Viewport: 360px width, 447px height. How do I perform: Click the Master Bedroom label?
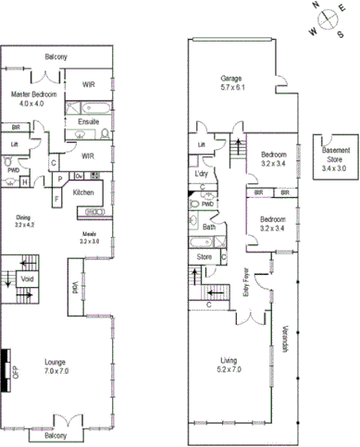[x=34, y=94]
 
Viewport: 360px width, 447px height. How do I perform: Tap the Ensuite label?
[x=88, y=122]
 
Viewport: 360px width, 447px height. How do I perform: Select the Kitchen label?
[x=83, y=192]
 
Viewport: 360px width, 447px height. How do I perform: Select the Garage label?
[x=231, y=78]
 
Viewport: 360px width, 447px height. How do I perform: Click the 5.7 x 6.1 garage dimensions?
[x=231, y=88]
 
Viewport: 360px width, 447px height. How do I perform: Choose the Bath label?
[x=209, y=227]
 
